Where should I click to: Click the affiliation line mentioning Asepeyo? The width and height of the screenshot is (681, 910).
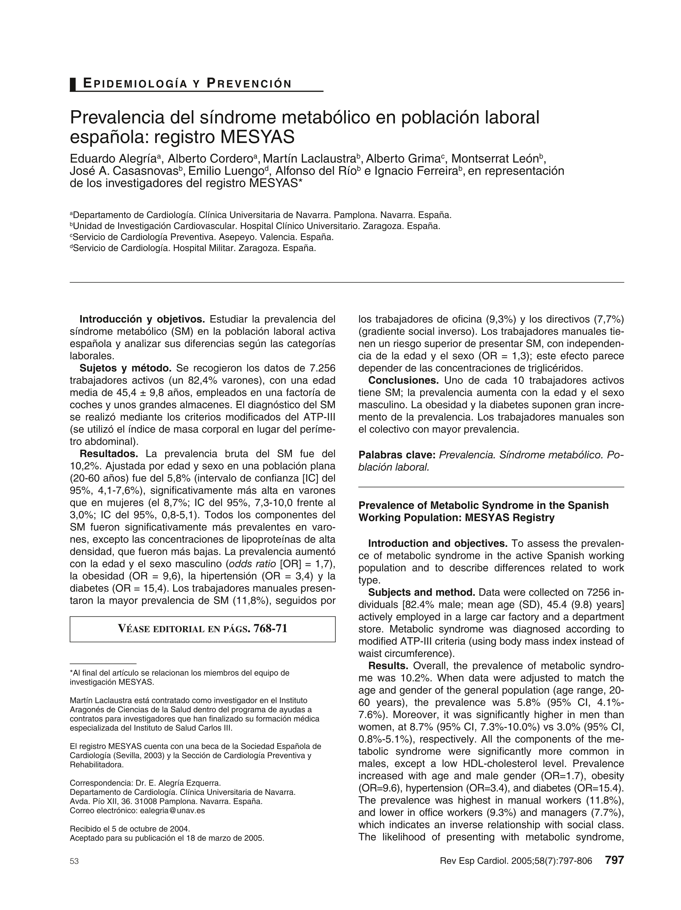(202, 238)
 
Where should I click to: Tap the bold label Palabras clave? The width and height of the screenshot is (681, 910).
(397, 455)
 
